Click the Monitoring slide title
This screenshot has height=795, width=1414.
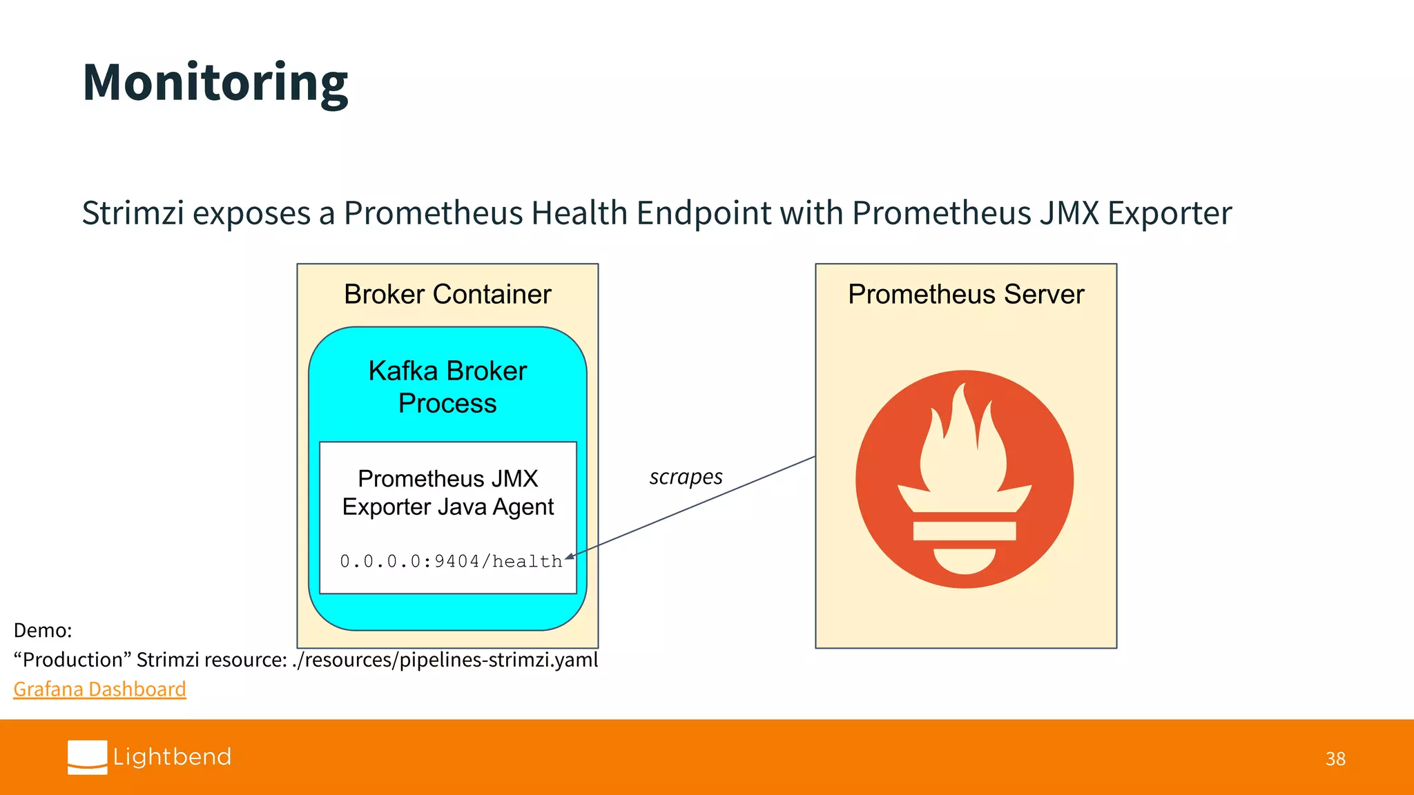215,83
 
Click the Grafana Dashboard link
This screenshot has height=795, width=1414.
99,689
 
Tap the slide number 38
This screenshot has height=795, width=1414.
1335,759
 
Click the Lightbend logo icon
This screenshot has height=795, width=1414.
87,757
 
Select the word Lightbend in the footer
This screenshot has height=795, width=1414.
172,757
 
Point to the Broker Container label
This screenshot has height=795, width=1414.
447,295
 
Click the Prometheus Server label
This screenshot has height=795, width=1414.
965,295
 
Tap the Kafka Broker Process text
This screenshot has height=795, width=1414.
447,387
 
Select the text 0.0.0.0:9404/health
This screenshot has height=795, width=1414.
450,562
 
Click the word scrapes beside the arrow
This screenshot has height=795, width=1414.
686,477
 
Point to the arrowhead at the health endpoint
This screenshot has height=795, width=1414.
570,556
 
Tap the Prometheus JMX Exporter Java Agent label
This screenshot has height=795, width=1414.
447,493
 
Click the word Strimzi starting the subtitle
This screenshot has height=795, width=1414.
133,213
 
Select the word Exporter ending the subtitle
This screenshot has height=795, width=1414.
1170,213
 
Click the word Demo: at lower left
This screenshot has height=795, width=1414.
43,630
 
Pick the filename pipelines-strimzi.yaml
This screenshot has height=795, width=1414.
498,660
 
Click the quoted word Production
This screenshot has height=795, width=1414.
72,660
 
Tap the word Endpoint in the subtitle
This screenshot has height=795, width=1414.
704,213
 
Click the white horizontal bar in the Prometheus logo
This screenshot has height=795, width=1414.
964,531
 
